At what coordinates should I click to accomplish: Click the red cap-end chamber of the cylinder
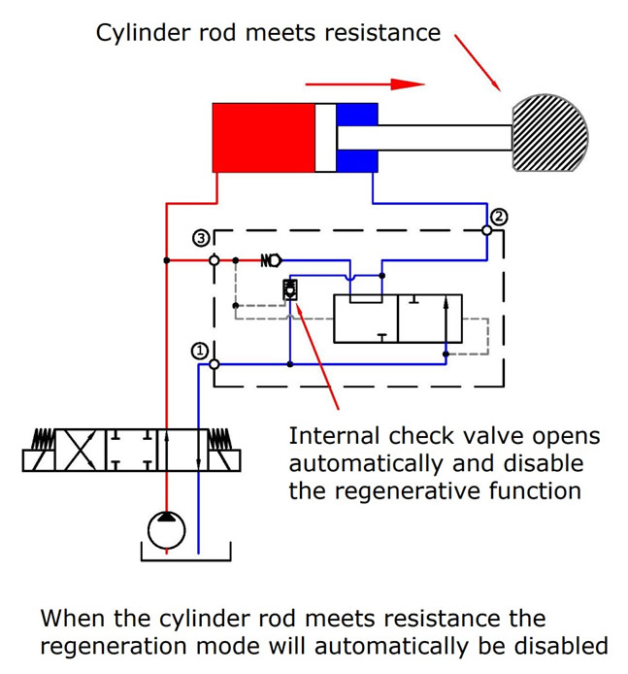tap(263, 137)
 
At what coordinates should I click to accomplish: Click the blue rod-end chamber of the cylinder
tap(357, 138)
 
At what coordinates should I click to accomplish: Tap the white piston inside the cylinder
tap(325, 137)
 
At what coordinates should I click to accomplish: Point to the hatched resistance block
tap(549, 134)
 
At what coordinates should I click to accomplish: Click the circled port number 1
tap(199, 351)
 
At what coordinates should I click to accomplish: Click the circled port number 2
tap(498, 217)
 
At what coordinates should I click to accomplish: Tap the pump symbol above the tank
tap(166, 530)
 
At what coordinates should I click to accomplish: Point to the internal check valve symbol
tap(289, 289)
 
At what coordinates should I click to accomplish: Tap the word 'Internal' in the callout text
tap(338, 436)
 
